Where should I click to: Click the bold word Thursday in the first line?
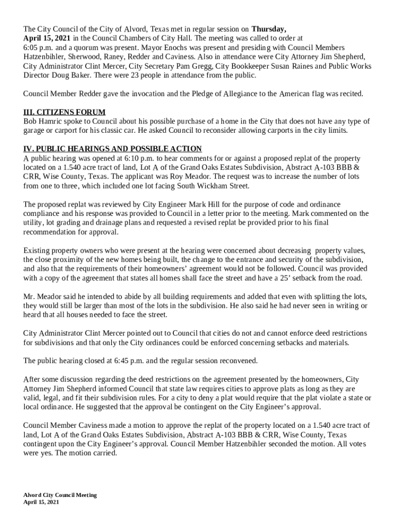coord(268,29)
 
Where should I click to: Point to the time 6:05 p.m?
coord(37,48)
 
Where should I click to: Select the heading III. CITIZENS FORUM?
coord(64,112)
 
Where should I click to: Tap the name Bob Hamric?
coord(44,121)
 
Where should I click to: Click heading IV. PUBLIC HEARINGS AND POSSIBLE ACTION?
coord(112,149)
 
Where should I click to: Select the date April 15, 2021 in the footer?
coord(41,502)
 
